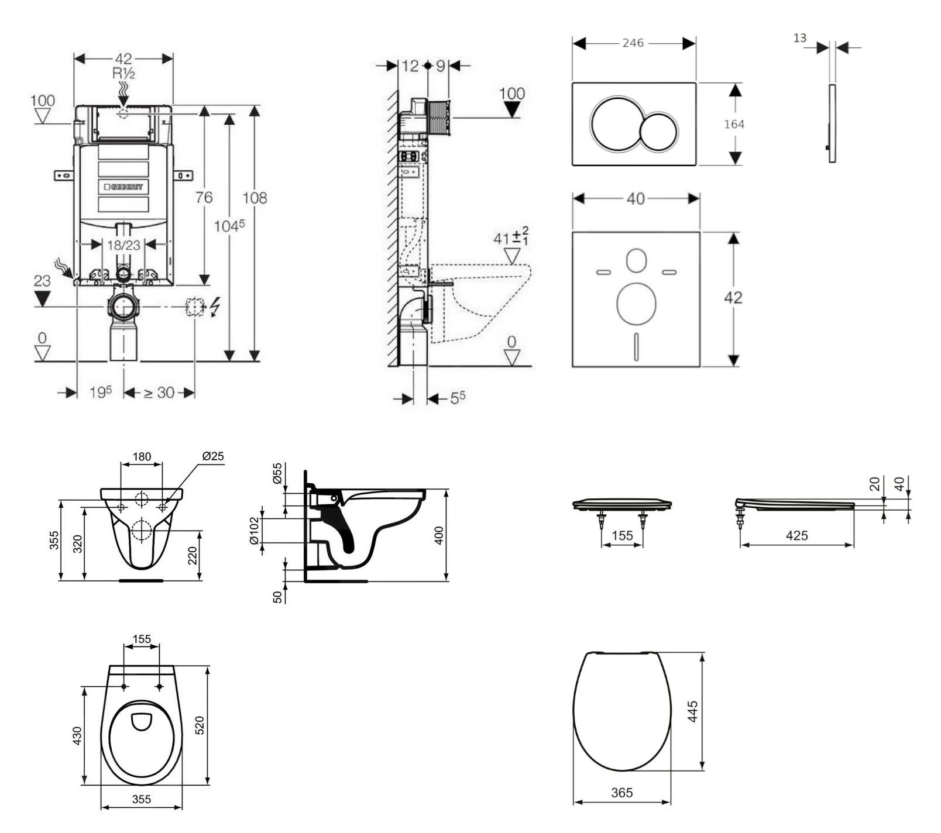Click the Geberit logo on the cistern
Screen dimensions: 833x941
[x=123, y=187]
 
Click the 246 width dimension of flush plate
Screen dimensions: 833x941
[x=633, y=43]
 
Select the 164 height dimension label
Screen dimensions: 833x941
[x=734, y=124]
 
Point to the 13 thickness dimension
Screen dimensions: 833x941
[x=800, y=38]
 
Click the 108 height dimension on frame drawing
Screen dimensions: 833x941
[x=255, y=198]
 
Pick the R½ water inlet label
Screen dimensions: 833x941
[x=124, y=74]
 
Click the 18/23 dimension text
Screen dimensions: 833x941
[x=123, y=245]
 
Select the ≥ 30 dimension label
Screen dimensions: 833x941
[x=159, y=393]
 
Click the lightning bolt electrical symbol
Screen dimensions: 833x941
[x=215, y=307]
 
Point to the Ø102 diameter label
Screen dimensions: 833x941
[x=254, y=531]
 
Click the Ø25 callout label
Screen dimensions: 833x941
[x=213, y=456]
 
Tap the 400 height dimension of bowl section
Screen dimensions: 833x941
[x=439, y=535]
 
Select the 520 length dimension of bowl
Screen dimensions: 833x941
[x=199, y=725]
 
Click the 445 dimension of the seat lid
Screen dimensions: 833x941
[x=693, y=712]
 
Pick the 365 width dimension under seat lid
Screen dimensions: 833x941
[x=621, y=793]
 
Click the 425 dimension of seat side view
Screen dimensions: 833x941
[x=797, y=535]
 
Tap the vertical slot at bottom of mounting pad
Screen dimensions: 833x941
[x=636, y=346]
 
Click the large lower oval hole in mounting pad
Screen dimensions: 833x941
[x=636, y=304]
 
